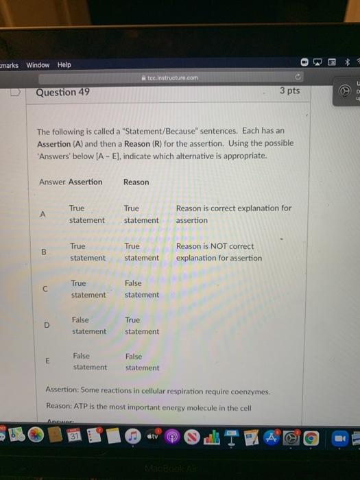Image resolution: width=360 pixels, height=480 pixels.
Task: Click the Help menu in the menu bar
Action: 64,65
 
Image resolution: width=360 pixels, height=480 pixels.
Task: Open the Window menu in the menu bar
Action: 38,65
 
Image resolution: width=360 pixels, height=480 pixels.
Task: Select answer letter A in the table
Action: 43,214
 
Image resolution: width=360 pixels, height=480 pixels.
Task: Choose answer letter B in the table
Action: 44,252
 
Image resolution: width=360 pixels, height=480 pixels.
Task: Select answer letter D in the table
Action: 47,325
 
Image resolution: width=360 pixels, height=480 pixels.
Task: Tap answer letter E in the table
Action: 47,361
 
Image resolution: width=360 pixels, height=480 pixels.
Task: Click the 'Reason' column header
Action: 136,182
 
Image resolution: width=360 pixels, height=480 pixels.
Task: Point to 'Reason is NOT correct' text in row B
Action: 215,246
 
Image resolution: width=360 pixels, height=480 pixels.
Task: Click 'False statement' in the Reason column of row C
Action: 141,289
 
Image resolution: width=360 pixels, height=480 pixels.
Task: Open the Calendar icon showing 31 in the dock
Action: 74,436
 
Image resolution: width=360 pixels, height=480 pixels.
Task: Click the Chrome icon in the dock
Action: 311,436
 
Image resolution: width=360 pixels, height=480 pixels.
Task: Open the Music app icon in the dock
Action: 132,436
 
